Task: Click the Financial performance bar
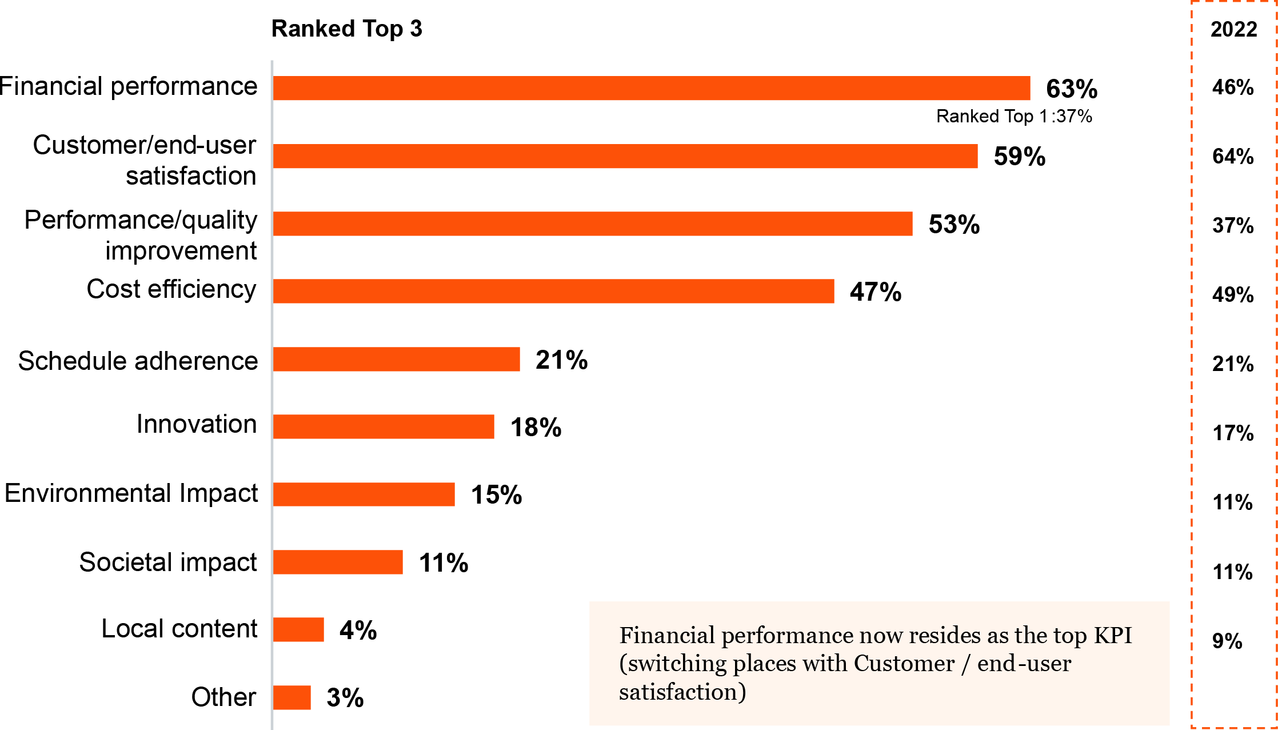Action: tap(652, 89)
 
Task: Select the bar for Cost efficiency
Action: tap(553, 292)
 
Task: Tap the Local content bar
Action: tap(298, 630)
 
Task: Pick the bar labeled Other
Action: tap(292, 697)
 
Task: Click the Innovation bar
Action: tap(384, 427)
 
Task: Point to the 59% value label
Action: tap(1020, 157)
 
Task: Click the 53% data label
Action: tap(954, 224)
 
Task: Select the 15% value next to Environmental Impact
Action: tap(496, 495)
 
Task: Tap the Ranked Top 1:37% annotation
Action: tap(1014, 117)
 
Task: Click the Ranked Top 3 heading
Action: tap(346, 29)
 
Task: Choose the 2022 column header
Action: tap(1233, 29)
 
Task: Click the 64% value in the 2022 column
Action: tap(1233, 157)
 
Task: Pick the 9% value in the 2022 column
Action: tap(1227, 641)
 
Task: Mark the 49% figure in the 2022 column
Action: tap(1233, 295)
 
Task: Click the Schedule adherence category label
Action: tap(138, 361)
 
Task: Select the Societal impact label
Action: tap(168, 563)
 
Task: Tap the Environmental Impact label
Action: tap(131, 493)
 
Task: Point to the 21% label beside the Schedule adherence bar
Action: tap(561, 360)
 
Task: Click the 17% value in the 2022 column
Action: tap(1233, 433)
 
